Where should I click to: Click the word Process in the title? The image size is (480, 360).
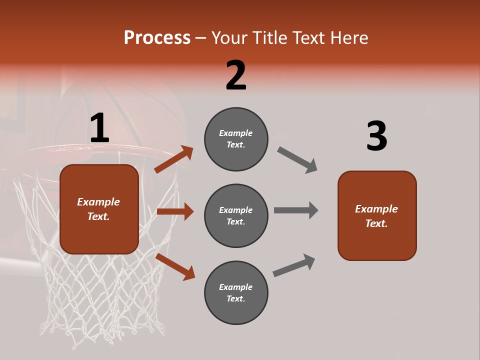(157, 38)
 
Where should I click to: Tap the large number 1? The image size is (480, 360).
(99, 128)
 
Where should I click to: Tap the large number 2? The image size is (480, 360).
(236, 75)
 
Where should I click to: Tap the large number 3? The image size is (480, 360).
(376, 136)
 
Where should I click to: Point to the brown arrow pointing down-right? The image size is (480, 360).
(175, 266)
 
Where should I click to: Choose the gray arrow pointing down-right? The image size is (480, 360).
(297, 159)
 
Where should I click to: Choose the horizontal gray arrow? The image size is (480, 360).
(295, 210)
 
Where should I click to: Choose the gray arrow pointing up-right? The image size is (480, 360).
(294, 265)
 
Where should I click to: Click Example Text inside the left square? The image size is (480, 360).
(98, 209)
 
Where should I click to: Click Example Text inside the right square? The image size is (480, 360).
(376, 216)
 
